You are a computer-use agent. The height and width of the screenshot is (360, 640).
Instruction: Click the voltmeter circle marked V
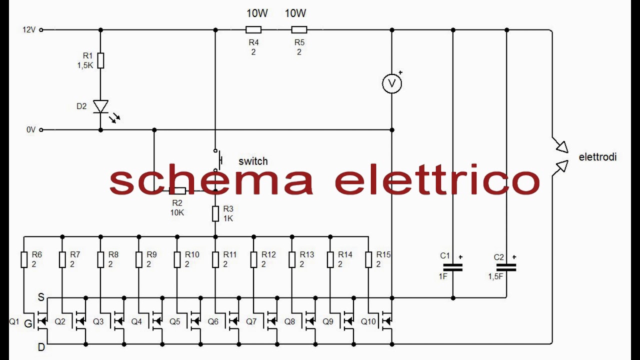click(x=392, y=83)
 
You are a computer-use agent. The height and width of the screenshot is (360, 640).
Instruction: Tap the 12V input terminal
click(x=41, y=29)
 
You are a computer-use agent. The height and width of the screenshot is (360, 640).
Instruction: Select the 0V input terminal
click(x=41, y=130)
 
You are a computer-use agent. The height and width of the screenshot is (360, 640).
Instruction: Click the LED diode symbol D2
click(x=100, y=106)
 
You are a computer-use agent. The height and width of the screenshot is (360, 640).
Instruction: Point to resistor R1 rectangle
click(x=100, y=60)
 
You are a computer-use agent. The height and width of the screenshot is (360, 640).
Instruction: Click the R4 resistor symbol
click(x=253, y=29)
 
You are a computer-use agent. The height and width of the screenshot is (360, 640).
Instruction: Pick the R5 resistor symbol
click(x=299, y=29)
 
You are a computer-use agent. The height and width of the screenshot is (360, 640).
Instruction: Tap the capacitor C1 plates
click(x=453, y=267)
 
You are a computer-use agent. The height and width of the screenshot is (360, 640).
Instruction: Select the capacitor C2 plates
click(x=506, y=267)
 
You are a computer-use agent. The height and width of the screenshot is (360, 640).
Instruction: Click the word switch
click(x=253, y=161)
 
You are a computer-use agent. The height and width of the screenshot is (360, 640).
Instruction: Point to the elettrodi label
click(x=597, y=157)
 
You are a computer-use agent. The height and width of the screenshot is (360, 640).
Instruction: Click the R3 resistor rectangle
click(x=215, y=213)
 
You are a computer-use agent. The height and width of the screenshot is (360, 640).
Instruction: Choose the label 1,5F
click(x=495, y=276)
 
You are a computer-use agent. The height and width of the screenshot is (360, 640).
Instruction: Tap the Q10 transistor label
click(x=368, y=321)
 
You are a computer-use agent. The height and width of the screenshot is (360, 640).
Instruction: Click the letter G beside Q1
click(x=28, y=323)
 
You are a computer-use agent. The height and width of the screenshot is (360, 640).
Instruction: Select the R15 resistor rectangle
click(x=368, y=259)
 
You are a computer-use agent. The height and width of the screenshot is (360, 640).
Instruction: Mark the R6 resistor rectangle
click(x=24, y=259)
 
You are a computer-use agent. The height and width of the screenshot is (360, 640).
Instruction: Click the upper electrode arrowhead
click(x=562, y=147)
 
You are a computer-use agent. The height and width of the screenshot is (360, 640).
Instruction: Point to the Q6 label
click(x=213, y=321)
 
